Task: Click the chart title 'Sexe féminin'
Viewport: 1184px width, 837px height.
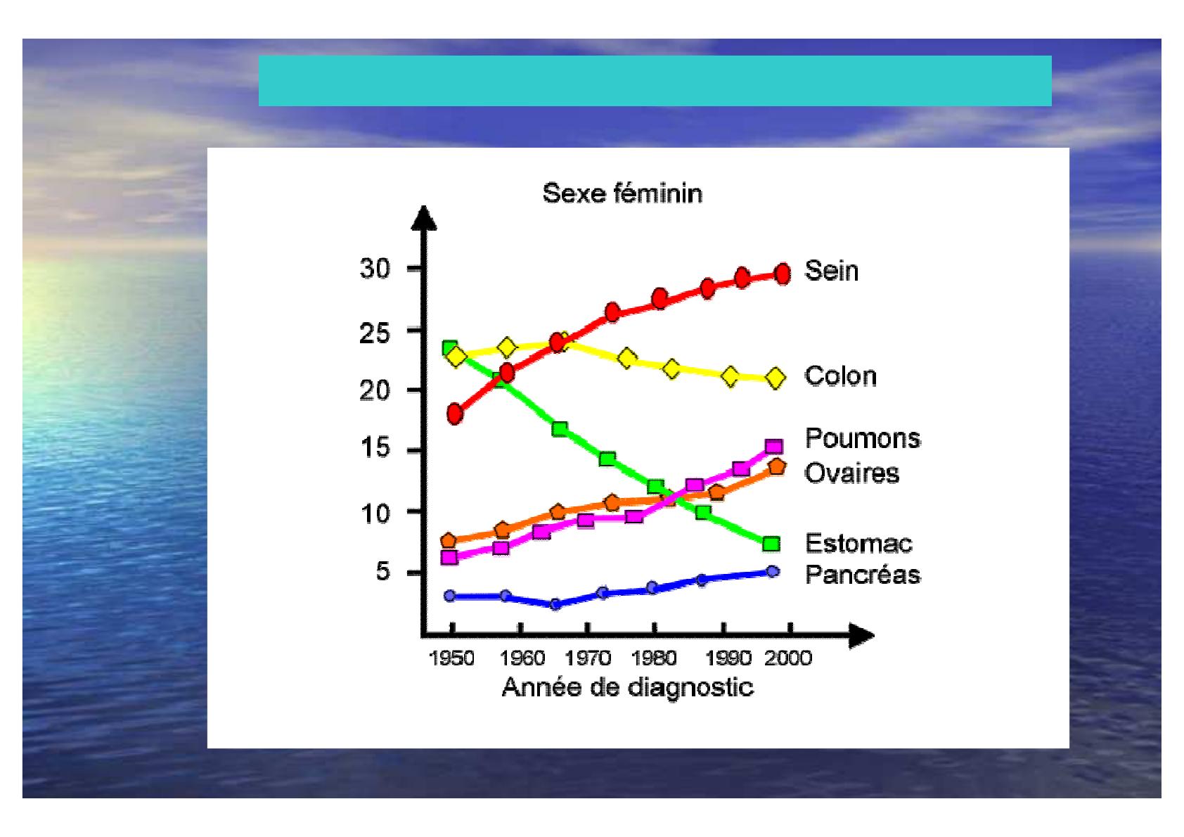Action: pos(622,193)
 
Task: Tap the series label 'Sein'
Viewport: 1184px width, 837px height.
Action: pos(831,271)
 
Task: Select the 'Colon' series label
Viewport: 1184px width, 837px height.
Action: pos(840,376)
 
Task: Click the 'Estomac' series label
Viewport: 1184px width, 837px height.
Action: pos(858,543)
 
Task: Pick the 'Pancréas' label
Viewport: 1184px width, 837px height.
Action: pos(863,574)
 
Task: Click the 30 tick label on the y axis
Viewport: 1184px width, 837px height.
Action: pos(375,269)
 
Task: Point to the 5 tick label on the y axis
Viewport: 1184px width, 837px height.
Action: pos(383,572)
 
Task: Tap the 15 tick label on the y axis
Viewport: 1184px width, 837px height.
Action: pos(375,448)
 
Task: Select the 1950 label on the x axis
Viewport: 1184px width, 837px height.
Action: pos(451,658)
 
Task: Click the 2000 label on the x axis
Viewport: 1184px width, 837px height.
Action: pos(788,658)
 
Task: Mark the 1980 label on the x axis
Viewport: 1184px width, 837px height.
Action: pos(654,658)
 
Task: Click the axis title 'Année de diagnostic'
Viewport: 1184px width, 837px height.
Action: pos(627,687)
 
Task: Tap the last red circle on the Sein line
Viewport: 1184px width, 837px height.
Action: pos(783,274)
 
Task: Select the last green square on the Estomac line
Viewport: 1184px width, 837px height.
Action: pos(772,544)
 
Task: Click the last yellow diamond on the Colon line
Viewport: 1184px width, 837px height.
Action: pos(776,378)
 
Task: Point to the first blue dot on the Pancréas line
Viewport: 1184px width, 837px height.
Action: pos(450,596)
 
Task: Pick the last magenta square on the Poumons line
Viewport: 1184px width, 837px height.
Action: pos(774,446)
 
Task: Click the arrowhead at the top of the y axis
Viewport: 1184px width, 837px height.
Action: pos(423,218)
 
